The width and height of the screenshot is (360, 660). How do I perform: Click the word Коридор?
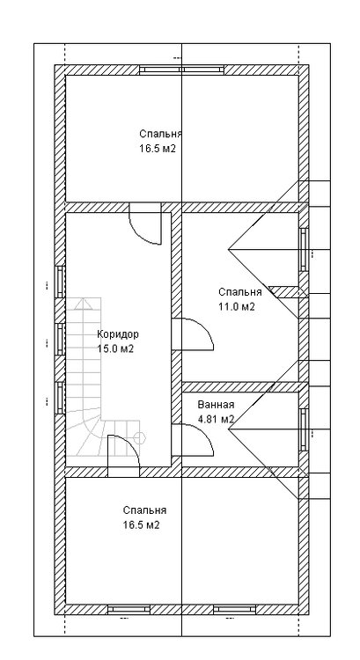(117, 334)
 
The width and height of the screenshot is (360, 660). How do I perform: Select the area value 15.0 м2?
(115, 349)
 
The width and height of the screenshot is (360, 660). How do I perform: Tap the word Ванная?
(216, 405)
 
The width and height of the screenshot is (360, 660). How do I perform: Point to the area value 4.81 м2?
(216, 419)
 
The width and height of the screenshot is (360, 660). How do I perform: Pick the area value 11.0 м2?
(237, 307)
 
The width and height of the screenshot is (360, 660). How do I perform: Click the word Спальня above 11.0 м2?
(240, 292)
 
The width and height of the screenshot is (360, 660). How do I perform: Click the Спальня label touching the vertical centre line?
(161, 134)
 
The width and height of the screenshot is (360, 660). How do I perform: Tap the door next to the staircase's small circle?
(123, 456)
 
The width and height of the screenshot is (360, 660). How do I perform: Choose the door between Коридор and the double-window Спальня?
(145, 224)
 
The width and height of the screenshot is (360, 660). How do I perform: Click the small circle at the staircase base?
(139, 438)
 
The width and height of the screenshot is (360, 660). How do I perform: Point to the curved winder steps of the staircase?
(91, 437)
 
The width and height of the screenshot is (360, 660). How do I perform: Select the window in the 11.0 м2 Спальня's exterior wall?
(304, 249)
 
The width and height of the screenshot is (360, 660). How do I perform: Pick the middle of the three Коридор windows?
(60, 340)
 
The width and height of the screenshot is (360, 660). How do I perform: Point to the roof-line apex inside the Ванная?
(228, 429)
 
